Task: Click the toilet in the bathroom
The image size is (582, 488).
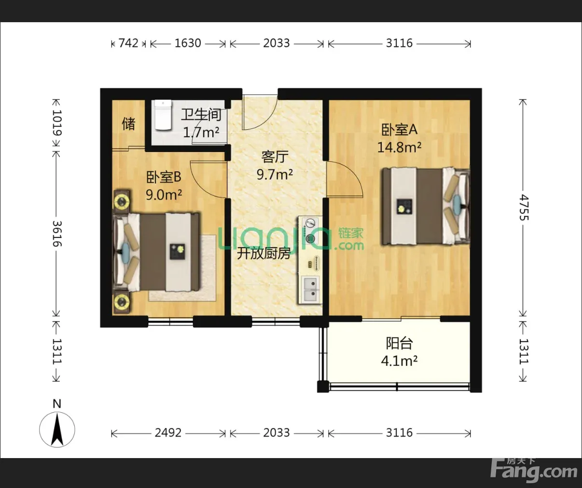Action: [x=163, y=115]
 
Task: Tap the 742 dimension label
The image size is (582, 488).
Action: [x=128, y=43]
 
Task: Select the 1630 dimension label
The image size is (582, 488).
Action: [x=188, y=43]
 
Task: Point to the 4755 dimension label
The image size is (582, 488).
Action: [x=524, y=208]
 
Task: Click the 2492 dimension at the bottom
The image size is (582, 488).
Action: [x=168, y=432]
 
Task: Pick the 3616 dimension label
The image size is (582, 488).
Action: [x=57, y=234]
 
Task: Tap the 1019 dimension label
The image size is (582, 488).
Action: [x=57, y=123]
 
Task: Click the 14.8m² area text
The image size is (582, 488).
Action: [x=399, y=147]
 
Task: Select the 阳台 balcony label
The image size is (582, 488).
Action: [x=399, y=343]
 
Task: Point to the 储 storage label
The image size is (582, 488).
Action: [x=128, y=124]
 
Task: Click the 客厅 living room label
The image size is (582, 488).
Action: [x=275, y=157]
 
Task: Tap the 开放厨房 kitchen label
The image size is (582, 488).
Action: [x=263, y=253]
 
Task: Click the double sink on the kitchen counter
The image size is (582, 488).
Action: [x=311, y=289]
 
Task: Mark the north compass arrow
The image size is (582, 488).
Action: [x=57, y=430]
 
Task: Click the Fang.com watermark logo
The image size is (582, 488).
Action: [x=534, y=471]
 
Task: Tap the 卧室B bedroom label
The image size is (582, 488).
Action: [x=164, y=177]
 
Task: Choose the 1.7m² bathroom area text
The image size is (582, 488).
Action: [x=201, y=132]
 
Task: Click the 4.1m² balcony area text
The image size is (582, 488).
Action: [x=399, y=361]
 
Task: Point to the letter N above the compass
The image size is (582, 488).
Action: [x=57, y=404]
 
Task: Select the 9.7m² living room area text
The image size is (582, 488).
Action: [x=275, y=175]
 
